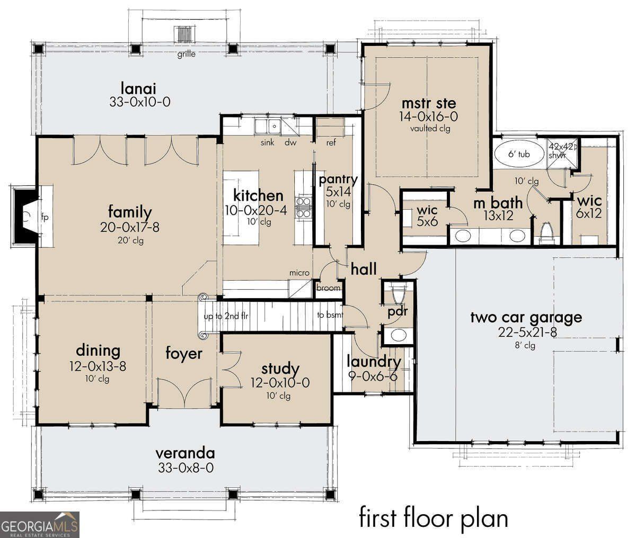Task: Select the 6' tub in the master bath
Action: point(519,155)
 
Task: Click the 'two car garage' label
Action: point(526,317)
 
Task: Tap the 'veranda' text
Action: point(185,453)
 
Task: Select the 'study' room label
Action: point(280,369)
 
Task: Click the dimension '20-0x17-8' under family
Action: point(129,227)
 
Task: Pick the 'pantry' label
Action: point(338,180)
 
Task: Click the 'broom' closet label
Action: point(328,288)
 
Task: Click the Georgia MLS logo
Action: point(40,524)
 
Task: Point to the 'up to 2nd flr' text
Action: point(226,317)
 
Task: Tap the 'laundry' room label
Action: point(374,362)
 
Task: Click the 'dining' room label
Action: point(98,351)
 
